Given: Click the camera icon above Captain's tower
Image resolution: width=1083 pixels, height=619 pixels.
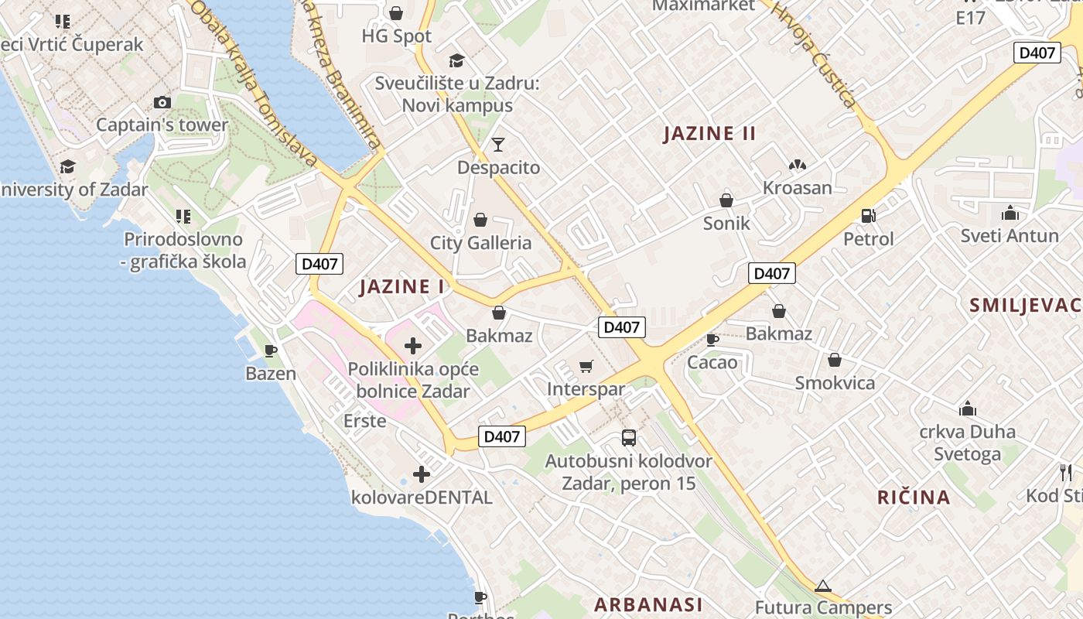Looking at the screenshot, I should [x=162, y=102].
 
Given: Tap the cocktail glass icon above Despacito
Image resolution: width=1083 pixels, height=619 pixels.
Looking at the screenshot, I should [x=498, y=144].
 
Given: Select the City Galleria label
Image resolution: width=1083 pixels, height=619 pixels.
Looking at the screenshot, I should [x=480, y=243].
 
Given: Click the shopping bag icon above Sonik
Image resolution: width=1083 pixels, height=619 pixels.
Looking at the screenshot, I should [x=726, y=200].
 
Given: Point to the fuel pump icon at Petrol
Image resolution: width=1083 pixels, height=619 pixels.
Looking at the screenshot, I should [x=868, y=216].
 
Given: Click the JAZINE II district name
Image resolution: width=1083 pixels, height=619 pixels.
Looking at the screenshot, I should [x=709, y=133].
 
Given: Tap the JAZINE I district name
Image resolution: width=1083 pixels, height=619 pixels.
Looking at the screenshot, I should [x=402, y=287].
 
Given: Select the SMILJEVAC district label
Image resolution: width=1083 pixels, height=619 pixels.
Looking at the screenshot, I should [x=1024, y=305].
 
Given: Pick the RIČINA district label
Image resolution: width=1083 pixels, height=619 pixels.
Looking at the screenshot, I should [x=914, y=497].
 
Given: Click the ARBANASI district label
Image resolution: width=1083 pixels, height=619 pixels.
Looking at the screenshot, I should [x=648, y=604].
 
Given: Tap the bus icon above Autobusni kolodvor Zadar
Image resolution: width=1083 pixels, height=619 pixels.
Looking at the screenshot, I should [x=629, y=438].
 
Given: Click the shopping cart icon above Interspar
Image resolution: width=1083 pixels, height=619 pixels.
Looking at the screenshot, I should [x=586, y=366].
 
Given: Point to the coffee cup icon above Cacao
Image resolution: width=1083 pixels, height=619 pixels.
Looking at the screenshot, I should [x=712, y=340].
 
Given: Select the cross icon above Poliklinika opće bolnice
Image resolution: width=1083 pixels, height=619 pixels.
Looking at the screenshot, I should [x=413, y=346].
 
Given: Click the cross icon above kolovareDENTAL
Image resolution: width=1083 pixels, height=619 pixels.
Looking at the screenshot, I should [x=422, y=474].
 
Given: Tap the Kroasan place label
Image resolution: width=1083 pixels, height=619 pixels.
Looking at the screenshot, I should [x=797, y=188].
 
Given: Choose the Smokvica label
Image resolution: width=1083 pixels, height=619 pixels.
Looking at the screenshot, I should [x=835, y=383].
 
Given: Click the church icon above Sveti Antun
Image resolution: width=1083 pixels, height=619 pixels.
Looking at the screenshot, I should [x=1010, y=213].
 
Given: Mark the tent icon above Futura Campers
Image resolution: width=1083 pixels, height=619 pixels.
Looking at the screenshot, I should [x=823, y=586].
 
